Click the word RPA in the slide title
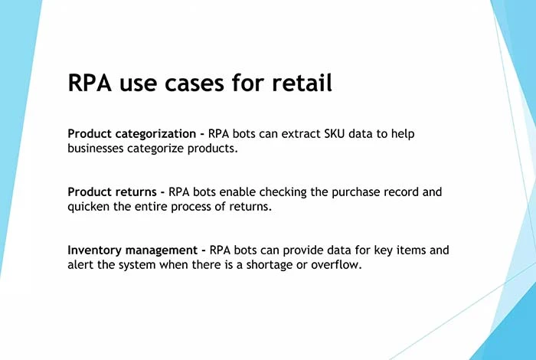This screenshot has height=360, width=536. pyautogui.click(x=90, y=83)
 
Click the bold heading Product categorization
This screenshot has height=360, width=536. pyautogui.click(x=132, y=134)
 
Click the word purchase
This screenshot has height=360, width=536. pyautogui.click(x=355, y=192)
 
